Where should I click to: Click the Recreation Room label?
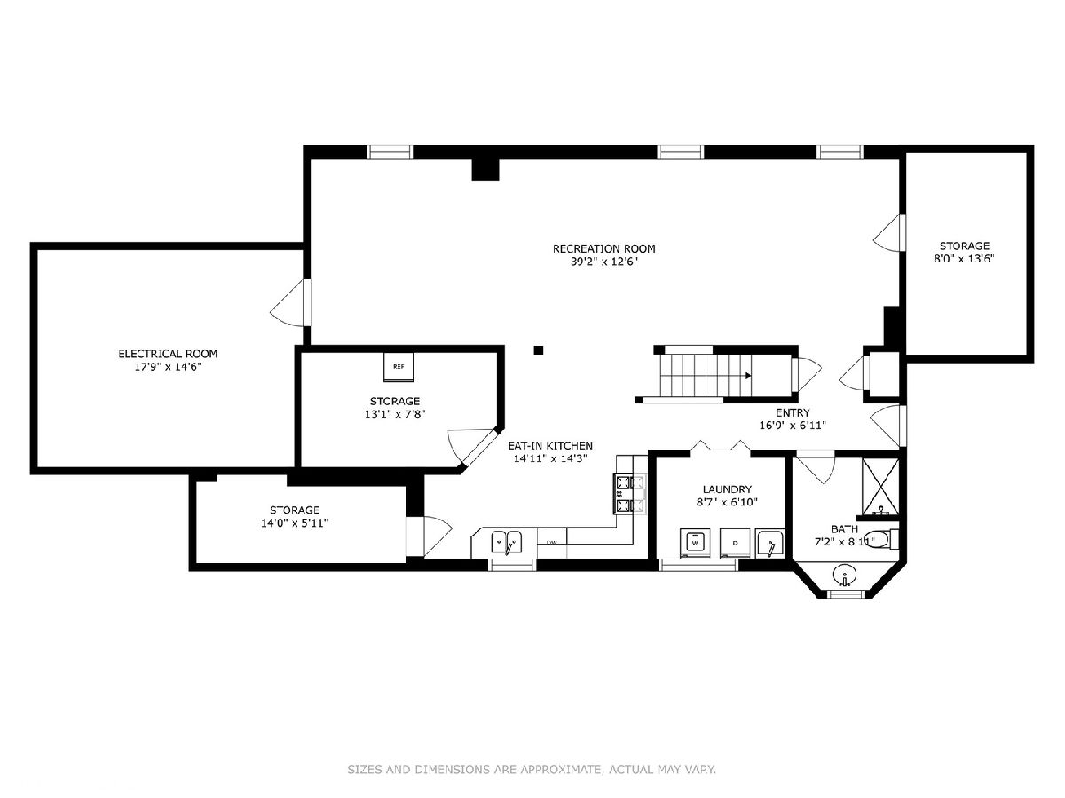[x=603, y=248]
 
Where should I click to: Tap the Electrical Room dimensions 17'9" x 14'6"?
[x=168, y=367]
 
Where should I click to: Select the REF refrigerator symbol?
[x=398, y=367]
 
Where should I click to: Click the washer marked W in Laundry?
[x=695, y=543]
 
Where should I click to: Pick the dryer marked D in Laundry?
[x=735, y=543]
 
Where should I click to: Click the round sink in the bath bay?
[x=845, y=576]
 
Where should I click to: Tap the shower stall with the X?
[x=880, y=487]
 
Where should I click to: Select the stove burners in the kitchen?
[x=630, y=494]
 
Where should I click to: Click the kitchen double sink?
[x=507, y=542]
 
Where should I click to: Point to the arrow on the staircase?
[x=749, y=375]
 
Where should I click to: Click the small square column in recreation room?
[x=539, y=350]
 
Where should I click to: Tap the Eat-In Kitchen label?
[x=550, y=446]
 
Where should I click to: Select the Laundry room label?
[x=727, y=489]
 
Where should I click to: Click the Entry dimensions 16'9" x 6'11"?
[x=793, y=426]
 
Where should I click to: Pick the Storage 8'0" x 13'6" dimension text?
[x=965, y=258]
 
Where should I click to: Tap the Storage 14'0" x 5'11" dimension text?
[x=295, y=523]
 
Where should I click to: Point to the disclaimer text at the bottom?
[x=532, y=769]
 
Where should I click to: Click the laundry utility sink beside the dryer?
[x=770, y=544]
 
